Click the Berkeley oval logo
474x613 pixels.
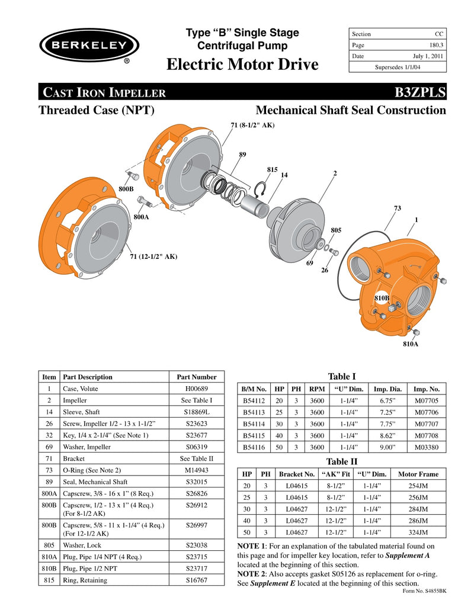pyautogui.click(x=89, y=46)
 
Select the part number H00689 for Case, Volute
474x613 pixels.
pyautogui.click(x=197, y=389)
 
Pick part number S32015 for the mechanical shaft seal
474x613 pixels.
pyautogui.click(x=197, y=482)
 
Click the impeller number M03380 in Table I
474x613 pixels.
pyautogui.click(x=427, y=448)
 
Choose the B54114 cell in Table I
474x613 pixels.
pyautogui.click(x=253, y=424)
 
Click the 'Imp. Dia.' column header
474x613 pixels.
pyautogui.click(x=388, y=389)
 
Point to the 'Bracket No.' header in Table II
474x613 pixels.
pyautogui.click(x=297, y=474)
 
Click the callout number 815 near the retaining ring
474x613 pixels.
pyautogui.click(x=272, y=169)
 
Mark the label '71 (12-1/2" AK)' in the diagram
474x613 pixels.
pyautogui.click(x=153, y=256)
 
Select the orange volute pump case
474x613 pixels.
pyautogui.click(x=397, y=284)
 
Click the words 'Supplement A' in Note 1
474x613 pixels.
pyautogui.click(x=408, y=556)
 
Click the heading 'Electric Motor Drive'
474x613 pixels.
pyautogui.click(x=242, y=64)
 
